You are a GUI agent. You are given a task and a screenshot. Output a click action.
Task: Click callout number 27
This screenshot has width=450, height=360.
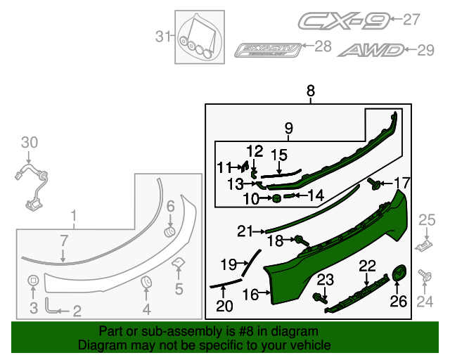[x=411, y=20]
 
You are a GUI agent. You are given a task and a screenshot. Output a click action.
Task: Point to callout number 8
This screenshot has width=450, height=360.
[x=310, y=91]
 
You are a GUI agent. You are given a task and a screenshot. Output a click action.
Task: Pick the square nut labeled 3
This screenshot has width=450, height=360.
[x=32, y=282]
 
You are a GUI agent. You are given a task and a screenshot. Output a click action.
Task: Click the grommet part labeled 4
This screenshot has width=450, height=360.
[x=147, y=283]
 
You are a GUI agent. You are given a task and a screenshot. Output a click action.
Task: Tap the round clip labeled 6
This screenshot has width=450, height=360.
[x=169, y=231]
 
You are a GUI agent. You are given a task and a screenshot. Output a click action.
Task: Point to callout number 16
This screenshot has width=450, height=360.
[x=250, y=295]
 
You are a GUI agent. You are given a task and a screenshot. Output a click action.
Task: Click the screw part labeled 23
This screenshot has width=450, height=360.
[x=323, y=297]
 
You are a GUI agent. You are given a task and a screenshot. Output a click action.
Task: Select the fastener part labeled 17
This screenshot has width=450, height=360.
[x=375, y=185]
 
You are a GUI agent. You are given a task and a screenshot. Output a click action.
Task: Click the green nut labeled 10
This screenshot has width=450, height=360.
[x=276, y=199]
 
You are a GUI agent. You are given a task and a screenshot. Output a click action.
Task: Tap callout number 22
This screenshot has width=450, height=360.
[x=367, y=265]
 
